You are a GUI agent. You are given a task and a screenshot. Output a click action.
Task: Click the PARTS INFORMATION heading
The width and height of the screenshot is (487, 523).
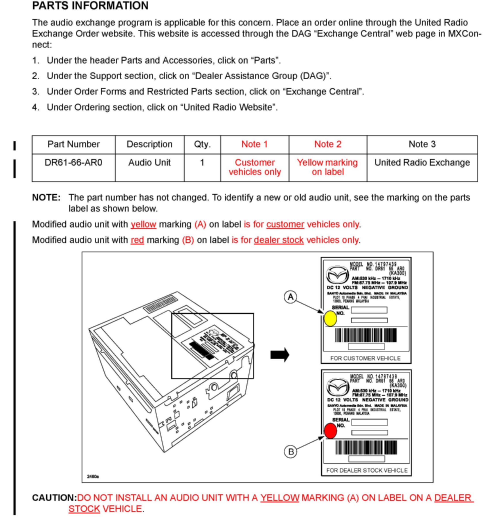90,6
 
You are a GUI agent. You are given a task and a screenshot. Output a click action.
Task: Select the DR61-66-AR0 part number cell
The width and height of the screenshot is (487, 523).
73,163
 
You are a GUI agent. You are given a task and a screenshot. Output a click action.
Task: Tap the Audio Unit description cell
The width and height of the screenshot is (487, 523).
149,163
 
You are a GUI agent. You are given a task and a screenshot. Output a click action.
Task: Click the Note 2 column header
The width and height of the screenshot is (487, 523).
328,144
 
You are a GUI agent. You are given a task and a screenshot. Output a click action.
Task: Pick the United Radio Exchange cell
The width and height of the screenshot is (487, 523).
422,163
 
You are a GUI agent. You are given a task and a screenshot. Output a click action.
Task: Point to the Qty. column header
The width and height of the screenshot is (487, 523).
202,144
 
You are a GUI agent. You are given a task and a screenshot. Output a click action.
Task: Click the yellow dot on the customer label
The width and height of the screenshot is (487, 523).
330,319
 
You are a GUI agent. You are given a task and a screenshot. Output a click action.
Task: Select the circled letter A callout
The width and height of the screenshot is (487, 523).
290,297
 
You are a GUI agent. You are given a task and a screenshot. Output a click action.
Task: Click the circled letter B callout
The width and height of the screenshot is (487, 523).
290,452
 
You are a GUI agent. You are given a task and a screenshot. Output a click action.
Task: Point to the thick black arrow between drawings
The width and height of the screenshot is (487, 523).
279,355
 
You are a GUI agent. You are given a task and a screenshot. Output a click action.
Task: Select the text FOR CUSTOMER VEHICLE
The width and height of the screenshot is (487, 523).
365,358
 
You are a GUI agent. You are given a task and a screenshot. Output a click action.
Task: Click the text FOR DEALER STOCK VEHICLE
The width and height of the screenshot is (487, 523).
367,470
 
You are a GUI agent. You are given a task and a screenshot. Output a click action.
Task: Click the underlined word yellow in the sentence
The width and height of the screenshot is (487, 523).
143,224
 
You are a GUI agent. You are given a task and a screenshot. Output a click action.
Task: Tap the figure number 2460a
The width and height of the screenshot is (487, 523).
93,476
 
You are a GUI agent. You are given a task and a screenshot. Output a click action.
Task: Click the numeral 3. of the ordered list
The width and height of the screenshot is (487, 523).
36,92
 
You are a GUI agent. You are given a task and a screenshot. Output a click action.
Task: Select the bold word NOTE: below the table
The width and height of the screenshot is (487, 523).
46,197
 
